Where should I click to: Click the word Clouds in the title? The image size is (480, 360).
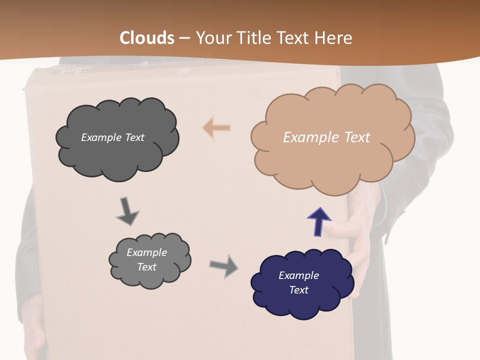147,38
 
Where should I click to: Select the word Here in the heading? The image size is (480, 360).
335,38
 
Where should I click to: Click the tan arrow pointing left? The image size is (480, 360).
216,127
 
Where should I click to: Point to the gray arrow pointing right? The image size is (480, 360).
224,265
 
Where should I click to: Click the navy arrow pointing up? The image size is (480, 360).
319,221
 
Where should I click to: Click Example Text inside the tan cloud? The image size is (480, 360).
326,137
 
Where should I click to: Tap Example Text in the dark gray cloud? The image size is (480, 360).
112,137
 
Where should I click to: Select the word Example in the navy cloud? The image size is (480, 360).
298,275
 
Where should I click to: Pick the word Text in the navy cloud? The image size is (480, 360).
298,290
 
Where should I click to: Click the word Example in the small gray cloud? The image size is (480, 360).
146,252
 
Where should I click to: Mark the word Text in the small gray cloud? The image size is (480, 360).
146,267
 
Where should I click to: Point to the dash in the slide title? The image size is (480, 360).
184,38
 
